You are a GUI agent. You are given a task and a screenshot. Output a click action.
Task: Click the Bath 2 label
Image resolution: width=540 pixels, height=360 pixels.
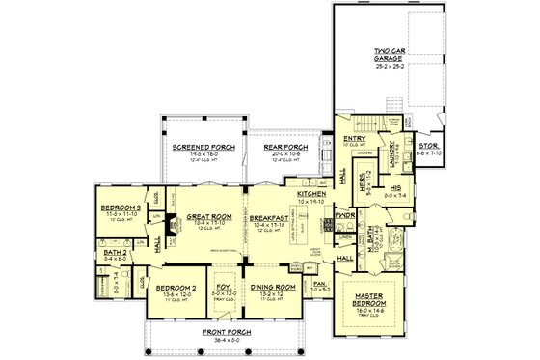pyautogui.click(x=114, y=253)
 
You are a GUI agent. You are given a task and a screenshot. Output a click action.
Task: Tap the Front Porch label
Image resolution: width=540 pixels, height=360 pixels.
pyautogui.click(x=229, y=332)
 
